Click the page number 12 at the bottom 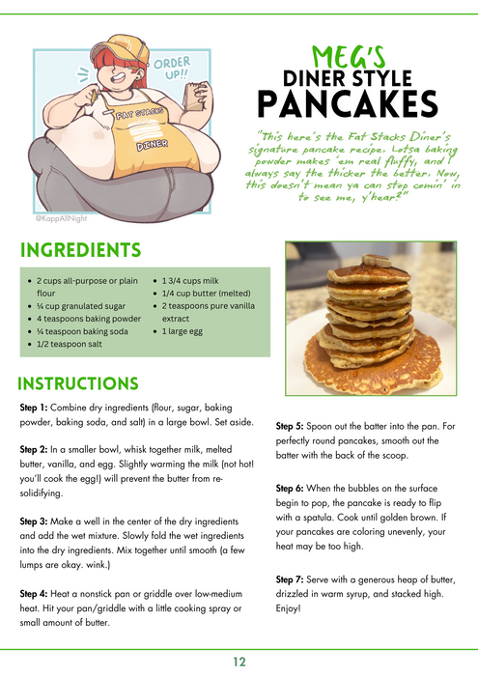click(239, 662)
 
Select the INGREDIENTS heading click(80, 251)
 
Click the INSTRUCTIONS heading click(78, 384)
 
